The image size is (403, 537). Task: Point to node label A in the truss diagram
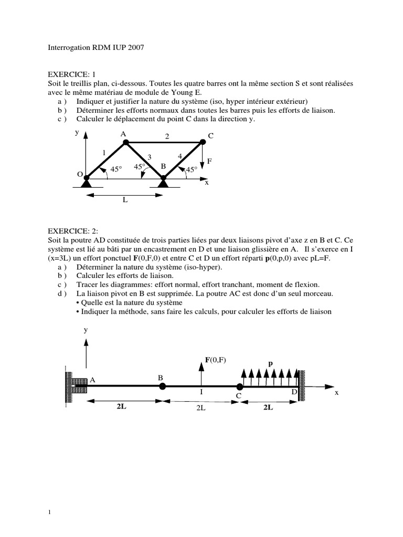click(x=123, y=134)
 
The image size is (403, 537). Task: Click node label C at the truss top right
click(x=210, y=136)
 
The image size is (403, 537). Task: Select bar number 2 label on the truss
click(x=167, y=136)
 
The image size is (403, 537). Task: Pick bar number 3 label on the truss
click(x=149, y=157)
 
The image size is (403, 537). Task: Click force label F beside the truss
click(x=209, y=162)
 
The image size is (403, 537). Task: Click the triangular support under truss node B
click(x=163, y=182)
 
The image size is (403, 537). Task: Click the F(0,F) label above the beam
click(x=216, y=360)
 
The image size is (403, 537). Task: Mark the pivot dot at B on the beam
click(x=163, y=386)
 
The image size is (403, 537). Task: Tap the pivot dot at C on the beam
click(x=239, y=388)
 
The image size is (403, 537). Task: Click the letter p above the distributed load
click(x=271, y=362)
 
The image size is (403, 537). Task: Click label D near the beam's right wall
click(x=294, y=392)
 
